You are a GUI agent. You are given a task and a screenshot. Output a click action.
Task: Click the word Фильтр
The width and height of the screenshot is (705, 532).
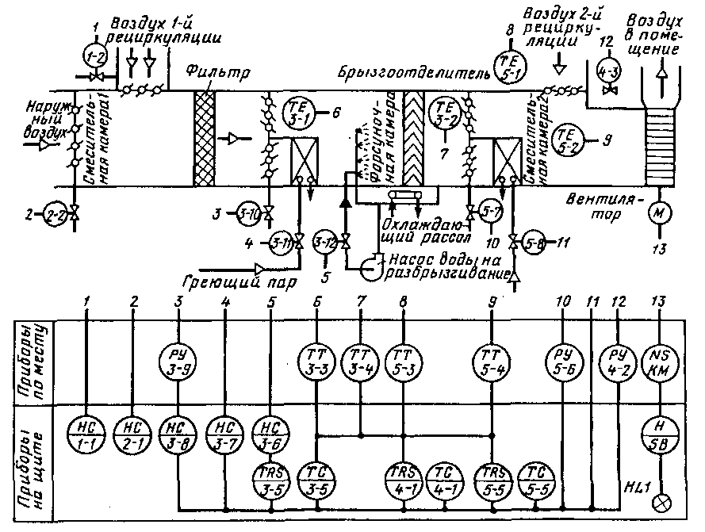coord(218,73)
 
